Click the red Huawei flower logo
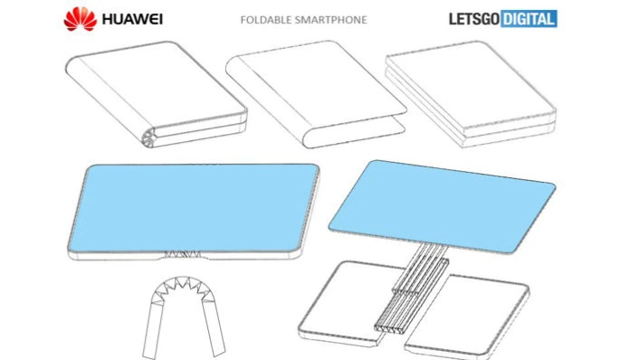click(81, 19)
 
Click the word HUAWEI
click(132, 19)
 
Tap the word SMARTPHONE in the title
click(330, 20)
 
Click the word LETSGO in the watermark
click(474, 19)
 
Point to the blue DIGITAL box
click(530, 19)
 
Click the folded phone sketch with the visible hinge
click(156, 94)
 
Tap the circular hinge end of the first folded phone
click(149, 137)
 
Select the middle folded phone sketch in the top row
click(316, 94)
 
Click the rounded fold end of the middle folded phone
click(310, 137)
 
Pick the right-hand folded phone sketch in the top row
click(471, 93)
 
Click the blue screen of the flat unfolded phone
click(194, 208)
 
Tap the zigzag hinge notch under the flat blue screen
click(183, 254)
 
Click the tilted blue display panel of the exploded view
click(442, 206)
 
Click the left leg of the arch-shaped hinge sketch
click(153, 329)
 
